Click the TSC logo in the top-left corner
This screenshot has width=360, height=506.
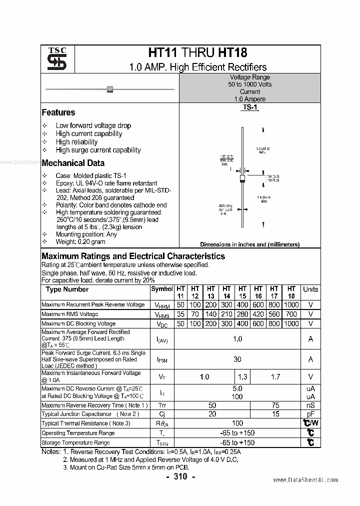pos(53,59)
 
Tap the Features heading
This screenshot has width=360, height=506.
pos(58,112)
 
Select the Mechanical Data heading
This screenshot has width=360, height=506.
pos(73,163)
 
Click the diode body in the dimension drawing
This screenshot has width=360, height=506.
pos(242,178)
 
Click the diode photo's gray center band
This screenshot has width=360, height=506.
pos(110,89)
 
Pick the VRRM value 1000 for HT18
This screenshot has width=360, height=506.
pos(291,304)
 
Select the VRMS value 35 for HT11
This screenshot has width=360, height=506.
pos(180,314)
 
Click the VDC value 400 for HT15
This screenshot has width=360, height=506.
pos(242,323)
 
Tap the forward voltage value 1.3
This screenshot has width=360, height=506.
pos(242,377)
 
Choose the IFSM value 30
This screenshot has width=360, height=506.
pos(237,359)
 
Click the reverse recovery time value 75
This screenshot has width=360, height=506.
pos(275,405)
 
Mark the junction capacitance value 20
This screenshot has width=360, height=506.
pos(212,414)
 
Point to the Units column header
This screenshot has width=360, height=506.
pos(310,289)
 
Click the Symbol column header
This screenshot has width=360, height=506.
pos(161,289)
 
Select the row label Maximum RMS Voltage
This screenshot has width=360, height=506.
pos(69,314)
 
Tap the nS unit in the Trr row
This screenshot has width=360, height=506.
pos(310,405)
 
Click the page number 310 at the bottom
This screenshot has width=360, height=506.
pos(180,477)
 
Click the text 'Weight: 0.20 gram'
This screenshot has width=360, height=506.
pos(80,241)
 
